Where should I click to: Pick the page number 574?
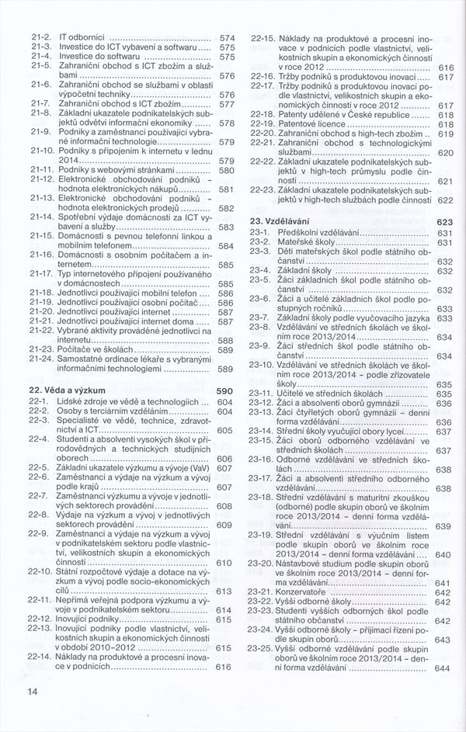(227, 36)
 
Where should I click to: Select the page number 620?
(446, 154)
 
